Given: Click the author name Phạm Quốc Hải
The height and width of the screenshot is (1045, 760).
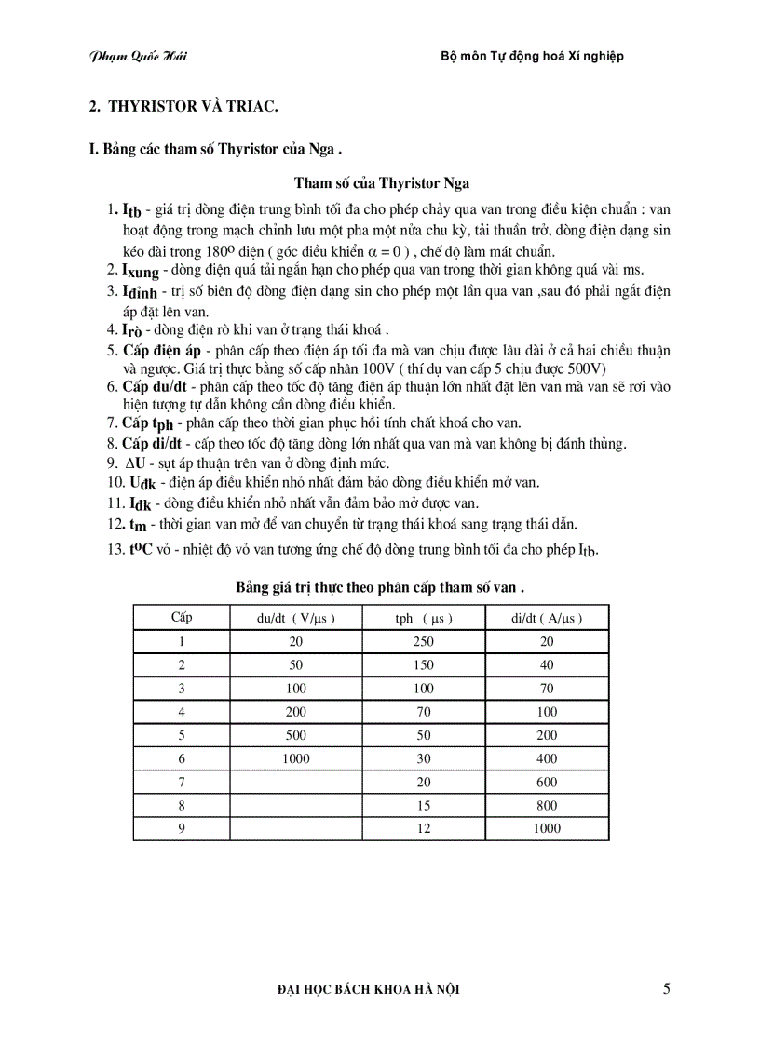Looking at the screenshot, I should pyautogui.click(x=138, y=56).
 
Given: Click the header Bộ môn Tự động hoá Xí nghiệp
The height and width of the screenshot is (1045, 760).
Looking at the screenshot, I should pyautogui.click(x=531, y=56).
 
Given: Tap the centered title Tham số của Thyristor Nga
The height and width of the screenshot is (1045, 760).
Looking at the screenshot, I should pyautogui.click(x=382, y=183).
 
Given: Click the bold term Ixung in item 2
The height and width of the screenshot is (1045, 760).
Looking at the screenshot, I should pyautogui.click(x=141, y=271).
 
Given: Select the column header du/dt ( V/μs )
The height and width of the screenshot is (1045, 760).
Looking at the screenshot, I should pyautogui.click(x=295, y=618).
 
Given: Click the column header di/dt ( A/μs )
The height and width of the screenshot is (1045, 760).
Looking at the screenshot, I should pyautogui.click(x=546, y=618).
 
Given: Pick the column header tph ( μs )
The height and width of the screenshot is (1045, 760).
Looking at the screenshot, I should pyautogui.click(x=424, y=618).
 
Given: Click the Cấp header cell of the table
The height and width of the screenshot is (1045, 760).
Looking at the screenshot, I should pyautogui.click(x=182, y=617).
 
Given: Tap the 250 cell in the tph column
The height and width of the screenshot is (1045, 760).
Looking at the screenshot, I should pyautogui.click(x=424, y=641).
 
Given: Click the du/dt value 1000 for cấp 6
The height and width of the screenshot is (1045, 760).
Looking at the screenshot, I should pyautogui.click(x=295, y=758).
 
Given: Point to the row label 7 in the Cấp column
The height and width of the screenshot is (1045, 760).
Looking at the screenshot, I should pyautogui.click(x=182, y=782).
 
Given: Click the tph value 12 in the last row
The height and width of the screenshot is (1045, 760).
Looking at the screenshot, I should pyautogui.click(x=424, y=828).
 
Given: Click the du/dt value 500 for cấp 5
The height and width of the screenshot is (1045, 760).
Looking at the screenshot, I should pyautogui.click(x=295, y=735).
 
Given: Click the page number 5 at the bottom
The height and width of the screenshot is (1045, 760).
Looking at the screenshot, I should pyautogui.click(x=666, y=989).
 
